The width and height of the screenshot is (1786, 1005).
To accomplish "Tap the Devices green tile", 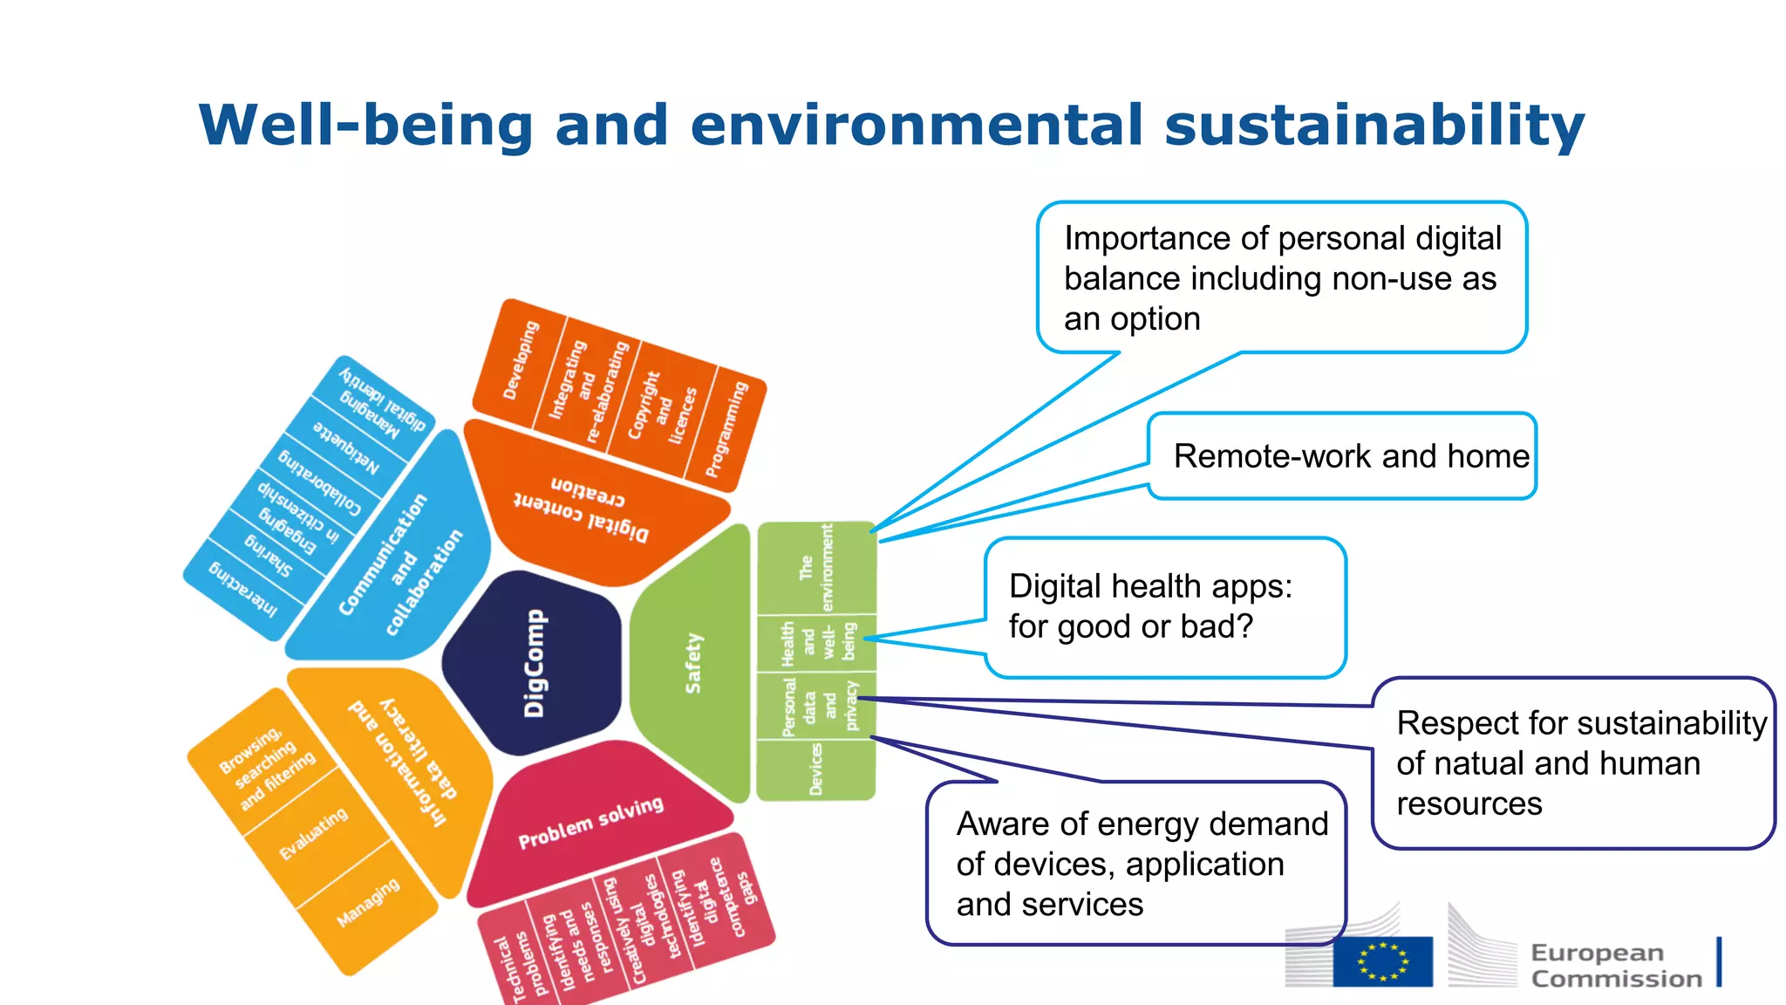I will point(815,769).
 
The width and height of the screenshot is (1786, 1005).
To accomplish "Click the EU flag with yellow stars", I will point(1382,961).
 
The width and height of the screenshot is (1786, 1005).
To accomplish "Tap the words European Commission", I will point(1615,965).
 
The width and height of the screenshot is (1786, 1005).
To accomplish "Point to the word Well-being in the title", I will point(366,125).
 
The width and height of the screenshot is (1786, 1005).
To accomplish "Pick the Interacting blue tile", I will point(243,590).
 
